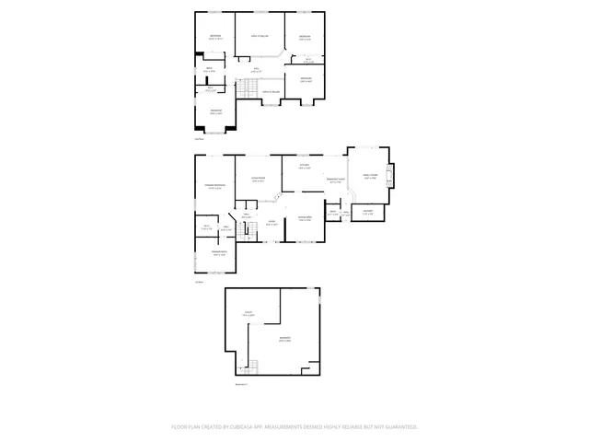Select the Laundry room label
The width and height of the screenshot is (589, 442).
click(366, 213)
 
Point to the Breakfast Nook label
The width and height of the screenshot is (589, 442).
click(335, 180)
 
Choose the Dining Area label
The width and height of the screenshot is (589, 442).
click(306, 217)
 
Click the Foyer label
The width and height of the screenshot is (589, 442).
click(271, 223)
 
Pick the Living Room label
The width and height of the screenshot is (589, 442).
click(259, 179)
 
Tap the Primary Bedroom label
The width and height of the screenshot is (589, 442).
click(214, 186)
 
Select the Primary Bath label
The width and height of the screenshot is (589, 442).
click(219, 253)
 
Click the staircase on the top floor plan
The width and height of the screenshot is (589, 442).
click(249, 88)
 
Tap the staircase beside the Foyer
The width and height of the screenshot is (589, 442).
click(246, 232)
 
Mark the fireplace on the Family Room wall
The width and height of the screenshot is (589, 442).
click(391, 175)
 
